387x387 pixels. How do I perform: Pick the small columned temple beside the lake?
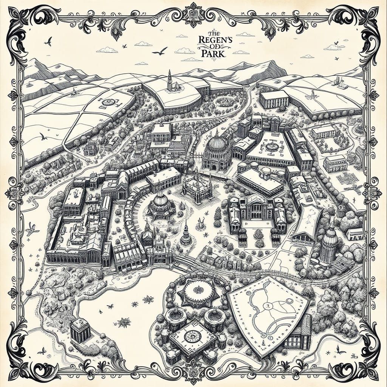click(80, 330)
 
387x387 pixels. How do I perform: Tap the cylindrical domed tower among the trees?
click(329, 246)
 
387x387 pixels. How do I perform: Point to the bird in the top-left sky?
click(48, 42)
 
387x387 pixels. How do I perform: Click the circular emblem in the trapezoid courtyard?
click(271, 146)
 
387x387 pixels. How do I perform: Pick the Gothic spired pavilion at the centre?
click(197, 185)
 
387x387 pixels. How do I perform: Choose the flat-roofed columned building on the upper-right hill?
click(274, 99)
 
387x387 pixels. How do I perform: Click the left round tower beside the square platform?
click(175, 318)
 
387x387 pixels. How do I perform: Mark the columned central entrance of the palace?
click(256, 210)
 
